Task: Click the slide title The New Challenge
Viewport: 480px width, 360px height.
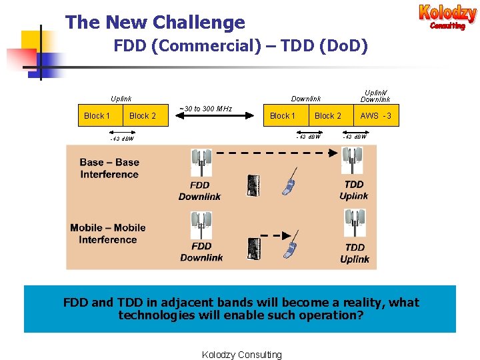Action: click(x=155, y=23)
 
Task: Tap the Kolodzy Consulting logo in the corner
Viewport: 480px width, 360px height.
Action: click(x=447, y=17)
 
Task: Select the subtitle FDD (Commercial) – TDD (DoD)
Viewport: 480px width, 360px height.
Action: click(x=240, y=47)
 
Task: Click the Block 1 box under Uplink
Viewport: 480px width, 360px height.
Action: click(x=97, y=116)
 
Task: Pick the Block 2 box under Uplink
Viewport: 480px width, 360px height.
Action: click(x=143, y=116)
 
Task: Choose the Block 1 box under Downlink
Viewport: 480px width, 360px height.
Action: click(x=283, y=116)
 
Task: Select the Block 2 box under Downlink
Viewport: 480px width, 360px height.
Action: click(x=328, y=116)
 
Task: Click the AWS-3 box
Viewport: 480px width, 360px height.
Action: click(x=376, y=116)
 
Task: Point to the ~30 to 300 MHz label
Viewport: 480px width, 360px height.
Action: click(x=205, y=109)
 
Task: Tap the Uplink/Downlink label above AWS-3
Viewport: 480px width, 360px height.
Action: click(x=375, y=95)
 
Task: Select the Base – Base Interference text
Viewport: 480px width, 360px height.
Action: click(x=109, y=169)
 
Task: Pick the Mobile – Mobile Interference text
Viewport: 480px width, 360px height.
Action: click(x=107, y=233)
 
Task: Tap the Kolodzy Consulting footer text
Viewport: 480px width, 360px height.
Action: click(x=241, y=355)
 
